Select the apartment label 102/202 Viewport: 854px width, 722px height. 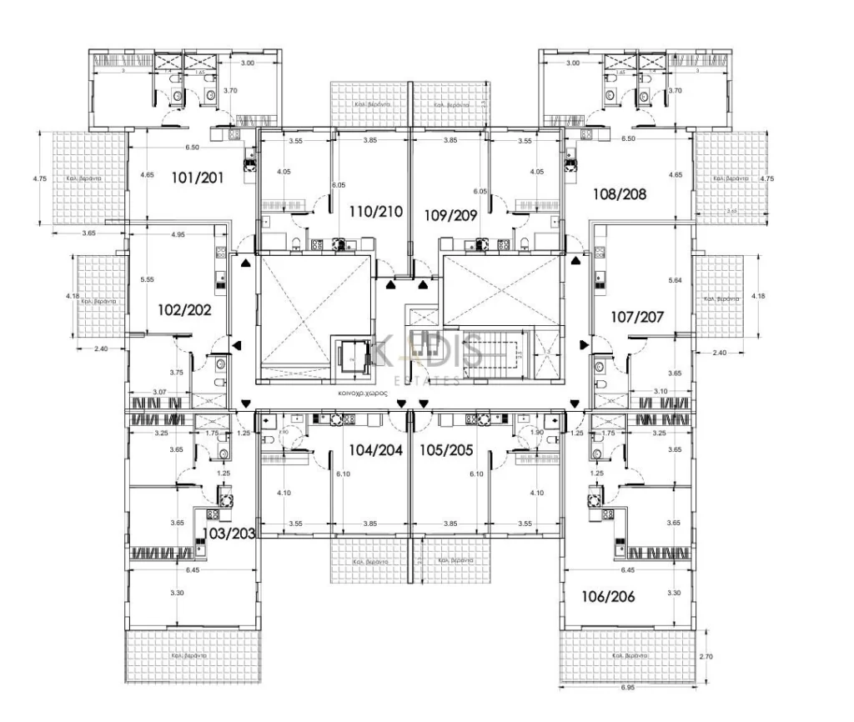[x=184, y=309]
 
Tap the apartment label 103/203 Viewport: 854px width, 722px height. [x=229, y=533]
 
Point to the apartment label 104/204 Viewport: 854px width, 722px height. [x=375, y=450]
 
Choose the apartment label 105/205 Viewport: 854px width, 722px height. [x=448, y=450]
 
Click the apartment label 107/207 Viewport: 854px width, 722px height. [x=637, y=317]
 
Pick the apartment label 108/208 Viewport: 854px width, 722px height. [x=620, y=194]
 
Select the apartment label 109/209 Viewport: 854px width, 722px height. [x=450, y=214]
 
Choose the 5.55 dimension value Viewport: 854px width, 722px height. [x=148, y=280]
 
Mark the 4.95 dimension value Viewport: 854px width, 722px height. [x=177, y=235]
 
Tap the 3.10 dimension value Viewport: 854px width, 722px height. [x=660, y=392]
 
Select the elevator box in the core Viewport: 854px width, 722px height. [x=351, y=359]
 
